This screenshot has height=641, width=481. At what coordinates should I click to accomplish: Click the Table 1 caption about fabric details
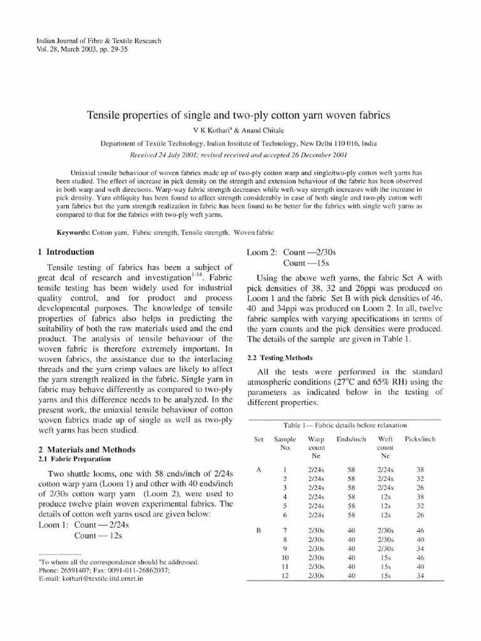[345, 425]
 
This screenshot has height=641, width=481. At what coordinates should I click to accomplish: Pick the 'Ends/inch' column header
[351, 439]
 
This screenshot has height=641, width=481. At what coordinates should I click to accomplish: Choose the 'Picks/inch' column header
[420, 439]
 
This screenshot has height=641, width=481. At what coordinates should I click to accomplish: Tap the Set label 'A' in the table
[258, 470]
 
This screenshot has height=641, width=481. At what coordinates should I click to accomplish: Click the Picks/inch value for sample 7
[420, 530]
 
